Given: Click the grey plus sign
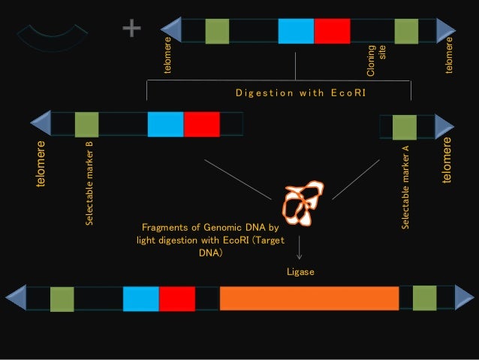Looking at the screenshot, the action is pyautogui.click(x=131, y=29).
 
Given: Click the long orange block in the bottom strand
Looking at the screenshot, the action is pyautogui.click(x=309, y=298).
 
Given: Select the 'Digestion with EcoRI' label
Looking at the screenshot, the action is pyautogui.click(x=300, y=92).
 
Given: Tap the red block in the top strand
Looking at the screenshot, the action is pyautogui.click(x=332, y=31).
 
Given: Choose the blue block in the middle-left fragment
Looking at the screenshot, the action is pyautogui.click(x=165, y=124).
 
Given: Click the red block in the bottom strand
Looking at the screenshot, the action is pyautogui.click(x=176, y=298).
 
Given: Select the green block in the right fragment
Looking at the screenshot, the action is pyautogui.click(x=405, y=127).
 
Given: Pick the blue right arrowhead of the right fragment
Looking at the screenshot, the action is pyautogui.click(x=444, y=126).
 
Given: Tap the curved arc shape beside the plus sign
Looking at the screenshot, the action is pyautogui.click(x=52, y=38).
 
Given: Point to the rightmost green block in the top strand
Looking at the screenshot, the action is pyautogui.click(x=406, y=31).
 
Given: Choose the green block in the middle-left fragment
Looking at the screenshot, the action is pyautogui.click(x=86, y=124).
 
